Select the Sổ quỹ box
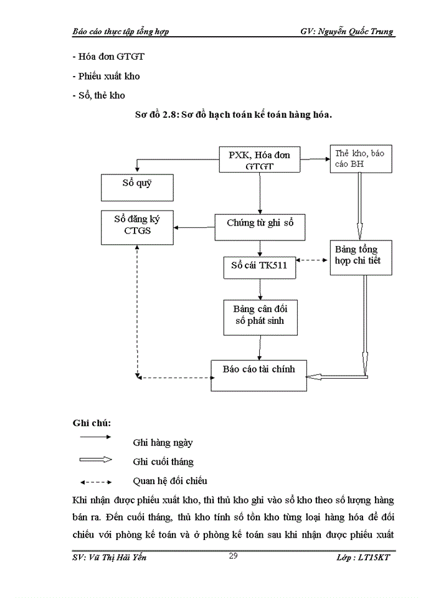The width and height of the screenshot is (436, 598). coord(137,187)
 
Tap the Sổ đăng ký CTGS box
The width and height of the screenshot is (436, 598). coord(137,227)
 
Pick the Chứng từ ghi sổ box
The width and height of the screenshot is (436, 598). coord(260,227)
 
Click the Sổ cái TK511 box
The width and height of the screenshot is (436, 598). coord(260,267)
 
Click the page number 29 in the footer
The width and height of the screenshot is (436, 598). coord(233,556)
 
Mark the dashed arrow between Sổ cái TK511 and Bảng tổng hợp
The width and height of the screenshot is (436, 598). coord(313,259)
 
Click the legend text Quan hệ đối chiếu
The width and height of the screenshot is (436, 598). coord(169,481)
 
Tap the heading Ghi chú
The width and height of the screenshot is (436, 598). coord(92,422)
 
